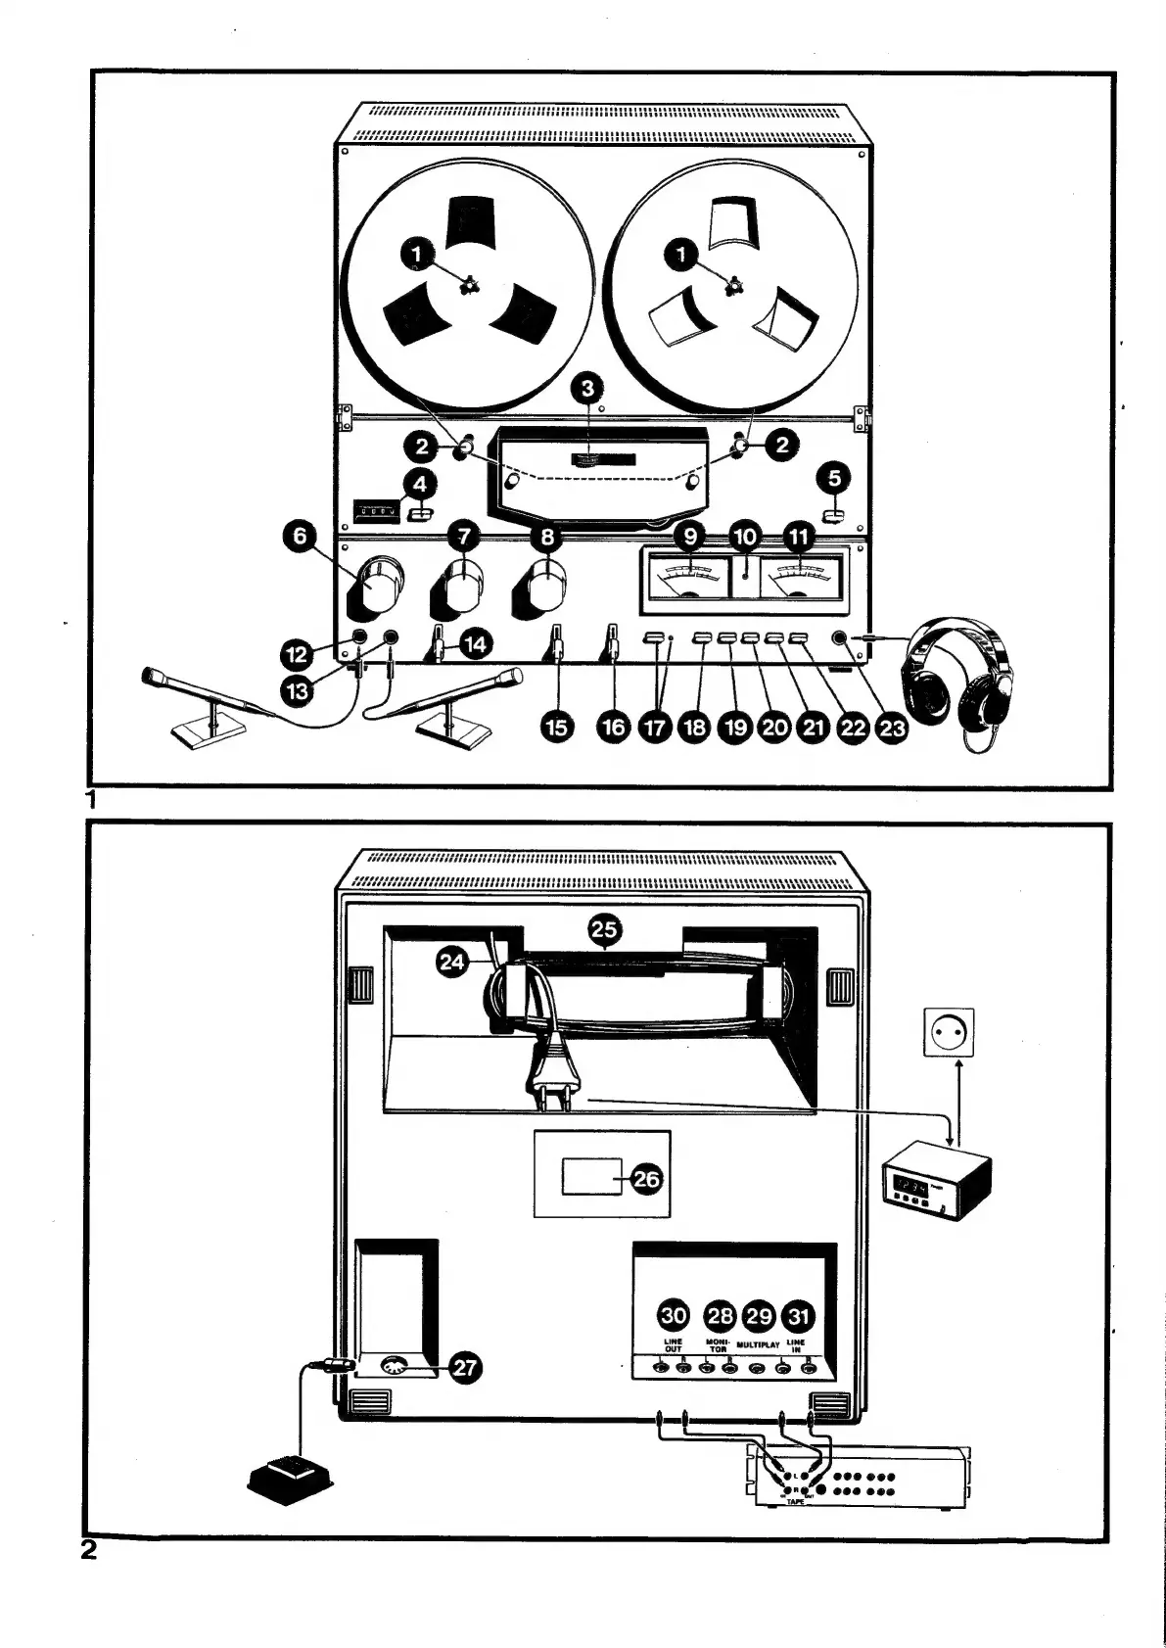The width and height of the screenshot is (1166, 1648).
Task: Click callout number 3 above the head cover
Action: click(587, 389)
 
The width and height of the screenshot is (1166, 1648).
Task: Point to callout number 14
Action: click(477, 643)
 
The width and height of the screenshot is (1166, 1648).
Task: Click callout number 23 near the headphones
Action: click(891, 728)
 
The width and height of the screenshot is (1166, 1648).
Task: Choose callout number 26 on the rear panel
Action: click(647, 1180)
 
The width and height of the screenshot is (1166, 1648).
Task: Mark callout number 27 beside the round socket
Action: click(466, 1368)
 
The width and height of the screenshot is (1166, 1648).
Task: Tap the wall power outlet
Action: click(949, 1033)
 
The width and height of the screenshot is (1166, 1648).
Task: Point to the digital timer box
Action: click(937, 1184)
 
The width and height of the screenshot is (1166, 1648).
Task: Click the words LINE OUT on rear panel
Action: click(673, 1345)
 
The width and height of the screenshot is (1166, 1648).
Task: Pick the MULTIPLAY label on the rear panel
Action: click(757, 1345)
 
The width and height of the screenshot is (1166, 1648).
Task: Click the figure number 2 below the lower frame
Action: click(89, 1550)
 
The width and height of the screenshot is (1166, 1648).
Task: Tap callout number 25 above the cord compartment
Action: click(604, 928)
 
